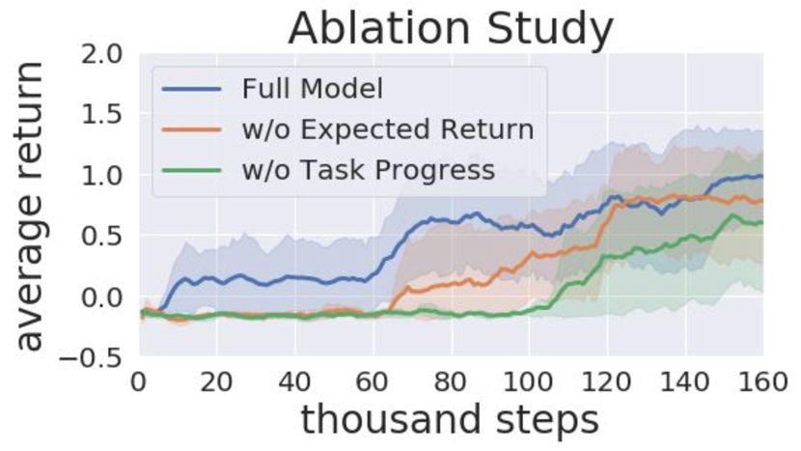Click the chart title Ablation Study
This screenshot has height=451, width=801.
(451, 29)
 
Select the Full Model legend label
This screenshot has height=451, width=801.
(312, 89)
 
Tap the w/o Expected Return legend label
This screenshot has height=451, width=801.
(388, 129)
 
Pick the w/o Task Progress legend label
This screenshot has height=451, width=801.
(369, 170)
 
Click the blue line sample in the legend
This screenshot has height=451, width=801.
(192, 89)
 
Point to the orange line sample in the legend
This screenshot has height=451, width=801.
(192, 129)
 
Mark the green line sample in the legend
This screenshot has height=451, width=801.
(192, 170)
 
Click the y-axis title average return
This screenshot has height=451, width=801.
(31, 206)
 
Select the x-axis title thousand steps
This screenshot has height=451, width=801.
(450, 420)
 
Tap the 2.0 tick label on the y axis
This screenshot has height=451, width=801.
(102, 54)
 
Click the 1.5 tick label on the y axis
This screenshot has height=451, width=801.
(102, 115)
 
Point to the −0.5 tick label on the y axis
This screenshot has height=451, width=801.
(91, 358)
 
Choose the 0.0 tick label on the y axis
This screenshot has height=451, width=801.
(102, 297)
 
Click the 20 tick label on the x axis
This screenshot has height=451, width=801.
(216, 382)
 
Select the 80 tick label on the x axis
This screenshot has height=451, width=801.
(452, 382)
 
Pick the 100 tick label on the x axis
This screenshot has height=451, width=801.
(529, 382)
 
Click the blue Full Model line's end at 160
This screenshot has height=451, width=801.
(762, 177)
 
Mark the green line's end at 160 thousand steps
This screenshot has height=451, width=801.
(762, 222)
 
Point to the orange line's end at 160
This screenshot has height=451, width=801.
(762, 201)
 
